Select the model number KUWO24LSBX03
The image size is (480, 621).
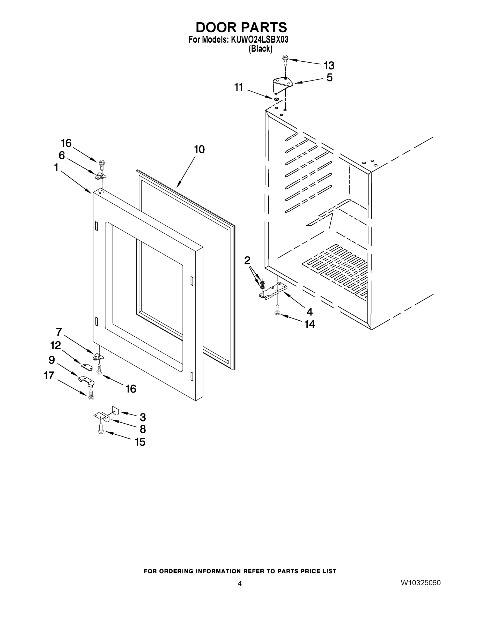click(260, 40)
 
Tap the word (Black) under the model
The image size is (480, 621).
click(261, 49)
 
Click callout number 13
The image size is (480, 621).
click(329, 66)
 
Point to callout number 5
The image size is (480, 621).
click(329, 78)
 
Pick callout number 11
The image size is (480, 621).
click(239, 87)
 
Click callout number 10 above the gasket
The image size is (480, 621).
click(199, 149)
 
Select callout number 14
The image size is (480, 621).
click(310, 324)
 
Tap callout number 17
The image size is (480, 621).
click(49, 376)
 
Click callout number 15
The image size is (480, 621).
click(140, 442)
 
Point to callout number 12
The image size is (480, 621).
click(55, 345)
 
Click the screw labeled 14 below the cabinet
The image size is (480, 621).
click(277, 310)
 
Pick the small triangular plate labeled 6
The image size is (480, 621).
click(100, 176)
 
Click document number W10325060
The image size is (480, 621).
click(420, 583)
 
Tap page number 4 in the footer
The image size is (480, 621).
click(239, 584)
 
